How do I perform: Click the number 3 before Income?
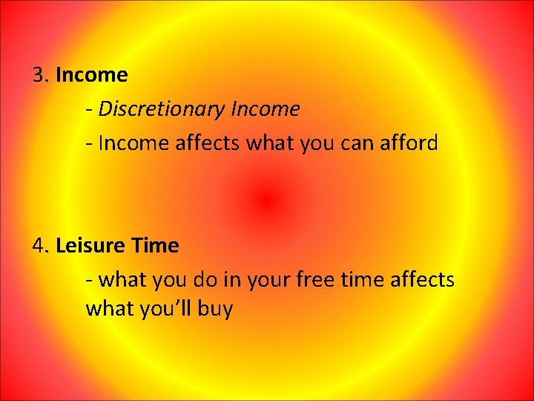[x=39, y=75]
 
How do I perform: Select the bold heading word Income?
[x=91, y=75]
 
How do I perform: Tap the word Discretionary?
[x=161, y=109]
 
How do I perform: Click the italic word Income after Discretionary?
[x=266, y=109]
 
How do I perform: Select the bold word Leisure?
[x=90, y=246]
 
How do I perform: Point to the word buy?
[x=216, y=309]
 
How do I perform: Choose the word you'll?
[x=167, y=308]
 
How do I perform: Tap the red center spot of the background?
[x=267, y=200]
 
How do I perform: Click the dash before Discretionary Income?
[x=89, y=110]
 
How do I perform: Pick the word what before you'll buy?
[x=111, y=308]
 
